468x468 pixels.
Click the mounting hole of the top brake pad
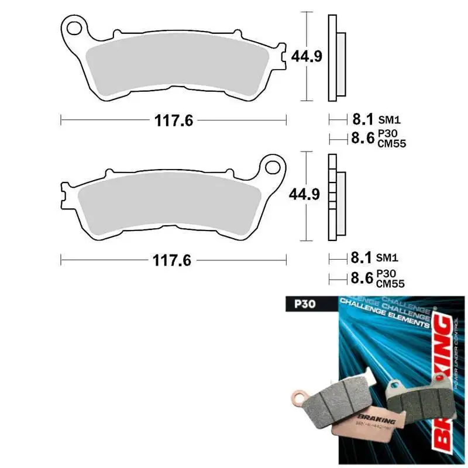[75, 27]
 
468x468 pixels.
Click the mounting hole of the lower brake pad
[273, 167]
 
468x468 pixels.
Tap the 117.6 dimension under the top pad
[174, 120]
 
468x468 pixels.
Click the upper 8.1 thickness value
[362, 119]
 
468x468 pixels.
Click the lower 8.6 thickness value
[362, 277]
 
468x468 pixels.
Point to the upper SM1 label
[388, 120]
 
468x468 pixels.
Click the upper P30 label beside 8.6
[386, 133]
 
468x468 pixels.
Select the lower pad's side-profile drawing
[336, 197]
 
